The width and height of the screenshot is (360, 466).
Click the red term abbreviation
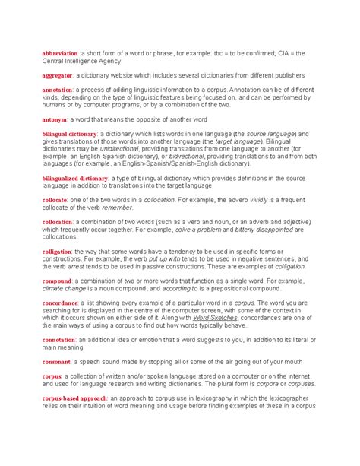coord(61,53)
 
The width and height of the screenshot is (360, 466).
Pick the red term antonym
coord(55,119)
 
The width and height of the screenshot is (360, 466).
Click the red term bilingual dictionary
coord(70,134)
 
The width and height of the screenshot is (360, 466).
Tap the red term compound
coord(57,281)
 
